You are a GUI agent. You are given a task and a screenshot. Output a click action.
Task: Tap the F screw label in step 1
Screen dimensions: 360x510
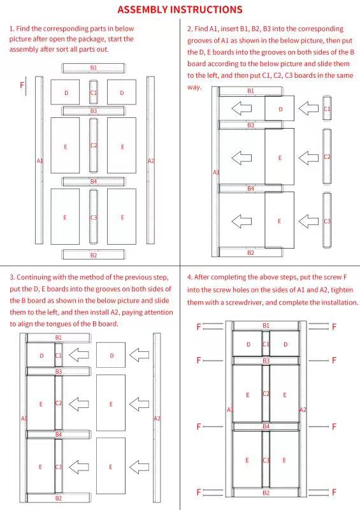click(x=22, y=85)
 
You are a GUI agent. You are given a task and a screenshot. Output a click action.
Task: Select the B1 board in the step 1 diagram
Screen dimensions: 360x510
click(x=94, y=68)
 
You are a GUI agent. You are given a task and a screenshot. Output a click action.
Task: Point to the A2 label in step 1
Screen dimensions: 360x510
click(x=151, y=161)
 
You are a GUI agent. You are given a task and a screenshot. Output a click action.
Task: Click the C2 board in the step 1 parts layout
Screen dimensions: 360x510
click(x=94, y=145)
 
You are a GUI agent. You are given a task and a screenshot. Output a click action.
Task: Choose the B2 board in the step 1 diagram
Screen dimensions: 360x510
click(x=94, y=254)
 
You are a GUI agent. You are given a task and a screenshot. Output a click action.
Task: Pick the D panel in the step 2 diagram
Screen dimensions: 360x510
click(x=280, y=108)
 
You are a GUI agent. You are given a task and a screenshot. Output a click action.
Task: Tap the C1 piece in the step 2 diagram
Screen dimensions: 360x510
click(x=327, y=108)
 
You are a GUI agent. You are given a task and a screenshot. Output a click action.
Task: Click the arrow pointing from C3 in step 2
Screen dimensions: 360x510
click(x=308, y=221)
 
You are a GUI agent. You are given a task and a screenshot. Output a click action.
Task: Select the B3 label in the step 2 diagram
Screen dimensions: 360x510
click(x=251, y=125)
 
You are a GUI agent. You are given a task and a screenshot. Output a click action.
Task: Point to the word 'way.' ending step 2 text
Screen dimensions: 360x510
click(x=194, y=87)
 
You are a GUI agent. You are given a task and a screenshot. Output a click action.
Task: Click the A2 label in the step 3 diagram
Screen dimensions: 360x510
click(x=157, y=418)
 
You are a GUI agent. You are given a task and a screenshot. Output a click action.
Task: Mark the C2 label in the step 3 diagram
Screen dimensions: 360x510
click(x=59, y=404)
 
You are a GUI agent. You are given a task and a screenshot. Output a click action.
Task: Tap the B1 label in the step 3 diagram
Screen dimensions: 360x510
click(x=59, y=338)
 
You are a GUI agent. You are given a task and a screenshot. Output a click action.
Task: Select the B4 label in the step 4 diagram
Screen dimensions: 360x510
click(x=266, y=426)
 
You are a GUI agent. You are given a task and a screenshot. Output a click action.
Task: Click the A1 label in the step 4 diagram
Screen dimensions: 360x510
click(x=230, y=410)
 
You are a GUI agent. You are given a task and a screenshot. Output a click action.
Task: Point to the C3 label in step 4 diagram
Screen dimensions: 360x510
click(x=266, y=460)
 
